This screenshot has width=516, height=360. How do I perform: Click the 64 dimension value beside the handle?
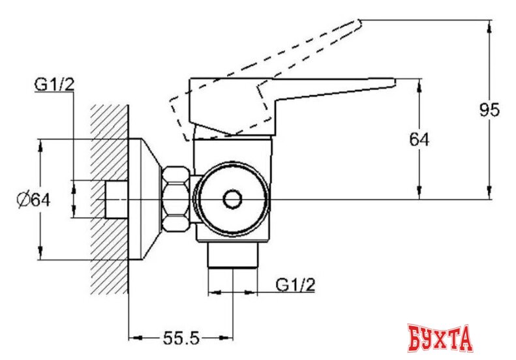point(419,140)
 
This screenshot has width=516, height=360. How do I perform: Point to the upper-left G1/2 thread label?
point(53,85)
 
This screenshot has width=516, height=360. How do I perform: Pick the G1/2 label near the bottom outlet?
point(296,284)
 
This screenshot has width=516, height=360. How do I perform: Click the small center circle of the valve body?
point(232,200)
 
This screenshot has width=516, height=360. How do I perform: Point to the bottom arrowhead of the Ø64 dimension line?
point(41,256)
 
